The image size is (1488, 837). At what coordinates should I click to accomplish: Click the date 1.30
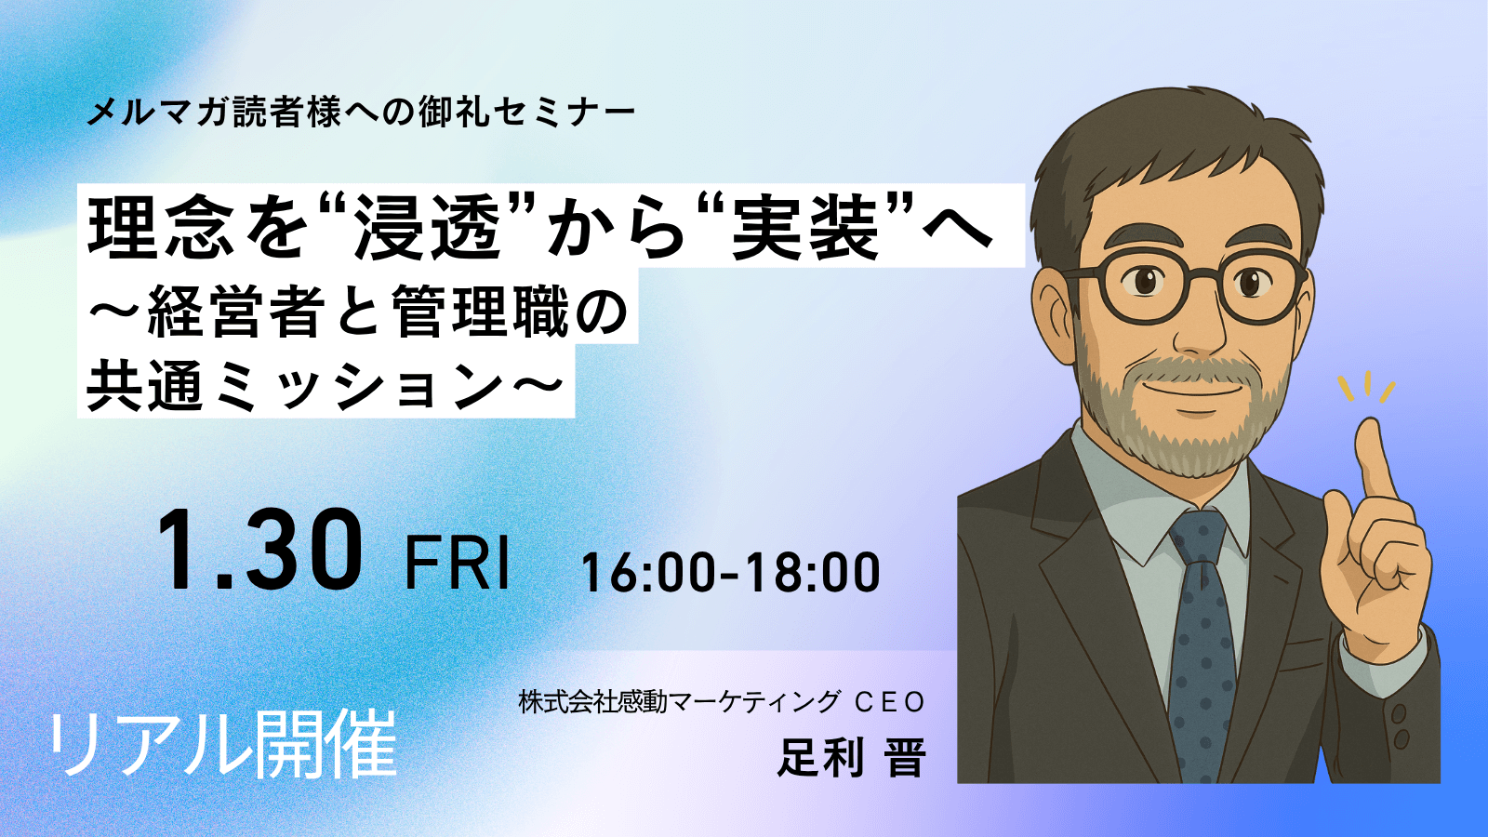(259, 551)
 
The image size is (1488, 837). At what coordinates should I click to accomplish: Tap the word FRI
(457, 564)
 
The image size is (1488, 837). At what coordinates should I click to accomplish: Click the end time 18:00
(813, 573)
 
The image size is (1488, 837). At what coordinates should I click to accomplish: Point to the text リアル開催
(222, 744)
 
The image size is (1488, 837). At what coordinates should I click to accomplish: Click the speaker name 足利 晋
(852, 757)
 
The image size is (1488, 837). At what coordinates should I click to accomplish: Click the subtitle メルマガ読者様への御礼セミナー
(362, 113)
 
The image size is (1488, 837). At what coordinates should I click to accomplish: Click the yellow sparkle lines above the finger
(1366, 388)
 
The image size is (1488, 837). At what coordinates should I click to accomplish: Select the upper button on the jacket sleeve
(1399, 715)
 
